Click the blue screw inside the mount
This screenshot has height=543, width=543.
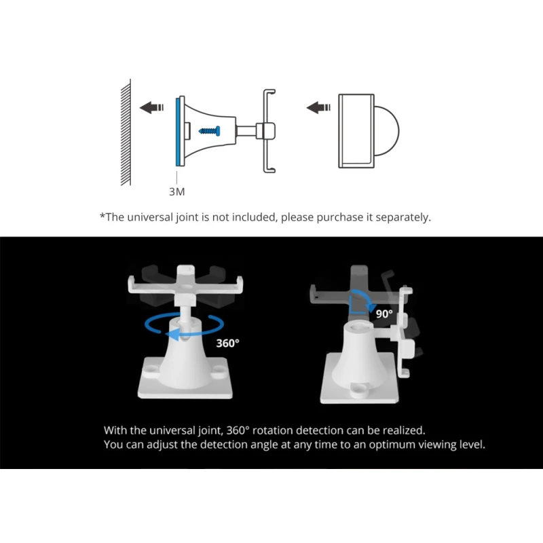pyautogui.click(x=209, y=131)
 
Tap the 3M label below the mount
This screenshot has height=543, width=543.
pyautogui.click(x=176, y=191)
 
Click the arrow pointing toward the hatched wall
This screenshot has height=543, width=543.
pyautogui.click(x=151, y=107)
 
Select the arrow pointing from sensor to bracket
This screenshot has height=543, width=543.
pyautogui.click(x=318, y=107)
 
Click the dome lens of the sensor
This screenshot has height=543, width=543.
pyautogui.click(x=387, y=131)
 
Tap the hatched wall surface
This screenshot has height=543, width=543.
pyautogui.click(x=126, y=132)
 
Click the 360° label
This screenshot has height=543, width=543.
pyautogui.click(x=227, y=343)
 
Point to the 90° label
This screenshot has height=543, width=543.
pyautogui.click(x=384, y=314)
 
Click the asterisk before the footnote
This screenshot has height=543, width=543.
pyautogui.click(x=102, y=216)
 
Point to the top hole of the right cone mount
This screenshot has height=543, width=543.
pyautogui.click(x=359, y=327)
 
